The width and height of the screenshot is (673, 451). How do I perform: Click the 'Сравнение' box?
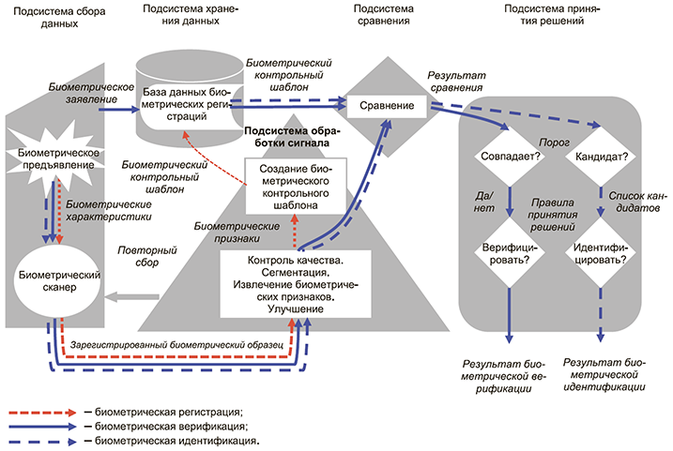click(x=387, y=106)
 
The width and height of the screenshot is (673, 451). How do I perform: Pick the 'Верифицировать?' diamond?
click(x=509, y=250)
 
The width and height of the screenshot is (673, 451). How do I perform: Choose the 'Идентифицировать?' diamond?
click(x=601, y=250)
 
